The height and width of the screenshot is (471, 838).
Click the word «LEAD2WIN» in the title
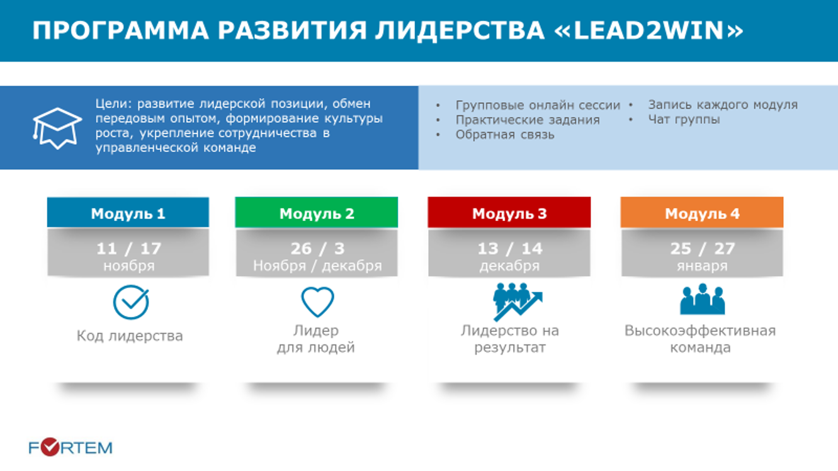[x=648, y=30]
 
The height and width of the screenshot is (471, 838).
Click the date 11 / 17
[x=128, y=248]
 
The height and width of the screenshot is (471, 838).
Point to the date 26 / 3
[x=317, y=248]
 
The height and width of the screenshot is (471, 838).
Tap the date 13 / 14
[x=509, y=248]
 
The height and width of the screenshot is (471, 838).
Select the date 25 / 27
[x=702, y=248]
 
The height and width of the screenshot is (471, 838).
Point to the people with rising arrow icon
[x=518, y=302]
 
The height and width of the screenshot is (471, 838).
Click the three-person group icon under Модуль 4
[x=702, y=299]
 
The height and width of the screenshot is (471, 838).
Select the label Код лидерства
[x=130, y=336]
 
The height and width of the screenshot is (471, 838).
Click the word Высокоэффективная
[x=700, y=331]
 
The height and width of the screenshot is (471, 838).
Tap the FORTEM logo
[x=71, y=447]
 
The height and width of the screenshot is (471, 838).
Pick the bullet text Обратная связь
[x=505, y=135]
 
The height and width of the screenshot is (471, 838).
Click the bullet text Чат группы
[x=684, y=120]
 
